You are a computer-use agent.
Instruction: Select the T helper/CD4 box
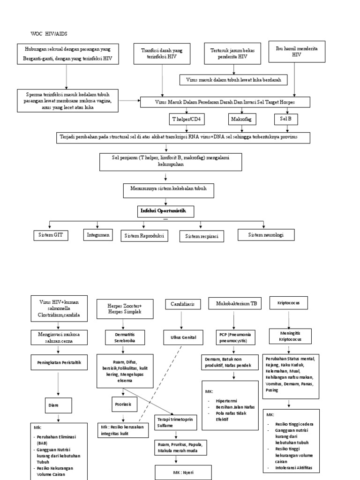click(x=187, y=120)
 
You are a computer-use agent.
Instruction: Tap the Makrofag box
click(x=241, y=120)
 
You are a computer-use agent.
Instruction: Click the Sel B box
click(x=285, y=119)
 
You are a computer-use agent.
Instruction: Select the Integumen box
click(x=98, y=234)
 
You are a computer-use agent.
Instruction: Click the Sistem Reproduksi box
click(x=144, y=236)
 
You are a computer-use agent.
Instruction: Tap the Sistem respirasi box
click(x=202, y=236)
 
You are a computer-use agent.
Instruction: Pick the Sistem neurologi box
click(x=266, y=234)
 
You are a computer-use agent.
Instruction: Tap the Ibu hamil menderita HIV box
click(x=296, y=52)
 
